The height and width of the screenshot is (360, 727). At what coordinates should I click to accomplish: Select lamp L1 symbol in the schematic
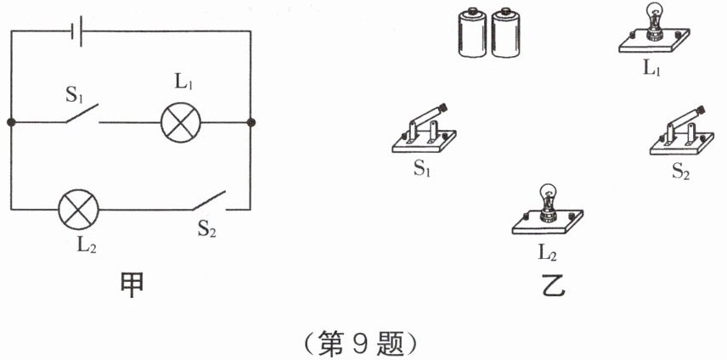point(181,123)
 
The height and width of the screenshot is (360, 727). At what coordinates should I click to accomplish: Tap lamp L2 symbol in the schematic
point(79,210)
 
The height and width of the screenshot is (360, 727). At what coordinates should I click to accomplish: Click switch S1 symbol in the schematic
point(82,115)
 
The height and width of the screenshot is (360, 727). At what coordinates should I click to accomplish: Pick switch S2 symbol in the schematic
point(209,201)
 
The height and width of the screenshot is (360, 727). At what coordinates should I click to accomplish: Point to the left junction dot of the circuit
point(11,123)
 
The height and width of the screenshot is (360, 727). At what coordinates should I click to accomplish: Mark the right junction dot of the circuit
point(251,123)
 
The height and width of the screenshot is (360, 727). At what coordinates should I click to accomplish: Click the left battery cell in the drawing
point(472,32)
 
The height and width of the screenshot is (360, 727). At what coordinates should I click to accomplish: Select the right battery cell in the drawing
point(505,32)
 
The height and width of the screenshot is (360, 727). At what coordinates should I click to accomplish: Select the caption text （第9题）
point(360,345)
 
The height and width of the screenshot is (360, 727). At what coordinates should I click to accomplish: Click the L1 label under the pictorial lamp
point(651,68)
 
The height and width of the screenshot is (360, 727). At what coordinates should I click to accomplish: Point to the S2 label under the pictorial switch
point(680,172)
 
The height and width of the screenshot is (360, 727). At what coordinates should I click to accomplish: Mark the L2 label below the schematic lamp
point(87,245)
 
